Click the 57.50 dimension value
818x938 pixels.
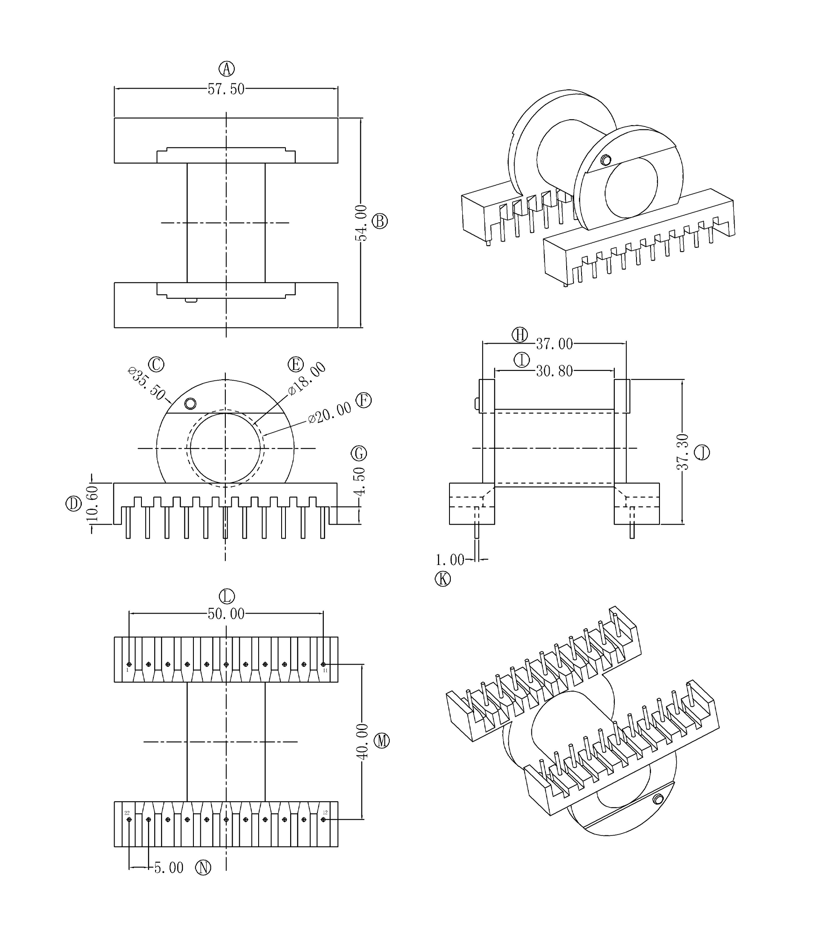(226, 89)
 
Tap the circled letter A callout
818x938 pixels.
(226, 69)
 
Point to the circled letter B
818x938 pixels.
(380, 221)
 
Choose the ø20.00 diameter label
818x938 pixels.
(330, 413)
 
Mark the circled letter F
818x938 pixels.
(363, 401)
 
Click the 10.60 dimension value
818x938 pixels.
(92, 504)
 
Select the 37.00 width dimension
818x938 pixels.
(554, 344)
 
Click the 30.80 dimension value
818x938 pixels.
(554, 371)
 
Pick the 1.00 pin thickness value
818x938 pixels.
(449, 560)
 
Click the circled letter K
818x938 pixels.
(442, 579)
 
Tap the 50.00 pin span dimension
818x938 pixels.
(226, 614)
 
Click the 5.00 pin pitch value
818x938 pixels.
(168, 868)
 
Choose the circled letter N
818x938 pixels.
(203, 867)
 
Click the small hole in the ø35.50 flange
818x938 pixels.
(190, 403)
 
